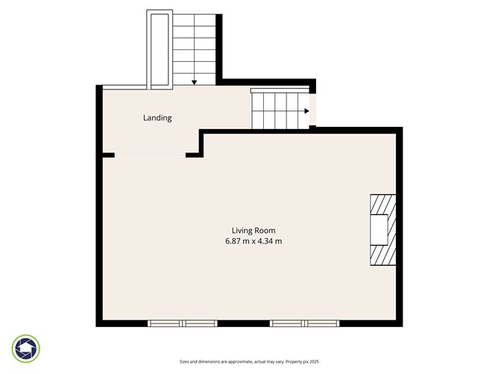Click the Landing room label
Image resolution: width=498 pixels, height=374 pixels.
pos(157,118)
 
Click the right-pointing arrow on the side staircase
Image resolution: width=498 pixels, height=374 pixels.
pos(306,111)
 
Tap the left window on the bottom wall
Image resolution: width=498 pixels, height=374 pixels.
pos(182,323)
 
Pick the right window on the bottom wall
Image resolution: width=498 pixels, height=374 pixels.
pos(304,323)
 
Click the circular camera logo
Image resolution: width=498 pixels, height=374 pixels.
pos(27,348)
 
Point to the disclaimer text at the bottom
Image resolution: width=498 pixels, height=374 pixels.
pos(249,361)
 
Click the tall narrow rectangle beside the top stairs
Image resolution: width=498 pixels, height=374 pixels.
pos(160,49)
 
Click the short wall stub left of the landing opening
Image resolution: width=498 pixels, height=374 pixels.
pos(108,155)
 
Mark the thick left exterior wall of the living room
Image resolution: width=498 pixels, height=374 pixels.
pos(98,239)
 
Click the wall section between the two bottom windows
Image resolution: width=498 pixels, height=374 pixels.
pos(243,324)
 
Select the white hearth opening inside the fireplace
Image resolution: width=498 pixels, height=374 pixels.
pos(379,230)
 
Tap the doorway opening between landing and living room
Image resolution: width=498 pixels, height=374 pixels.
pos(150,155)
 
